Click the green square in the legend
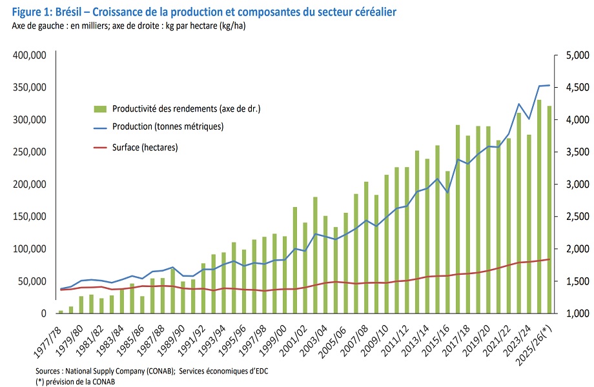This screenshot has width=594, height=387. [x=100, y=108]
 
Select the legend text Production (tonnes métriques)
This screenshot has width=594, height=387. [x=168, y=126]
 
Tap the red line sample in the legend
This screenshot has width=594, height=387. [x=100, y=148]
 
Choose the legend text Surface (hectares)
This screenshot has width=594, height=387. [x=145, y=148]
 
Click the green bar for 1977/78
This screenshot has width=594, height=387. [x=61, y=312]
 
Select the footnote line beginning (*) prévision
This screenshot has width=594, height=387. [x=74, y=381]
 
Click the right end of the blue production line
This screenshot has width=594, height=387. [x=549, y=85]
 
